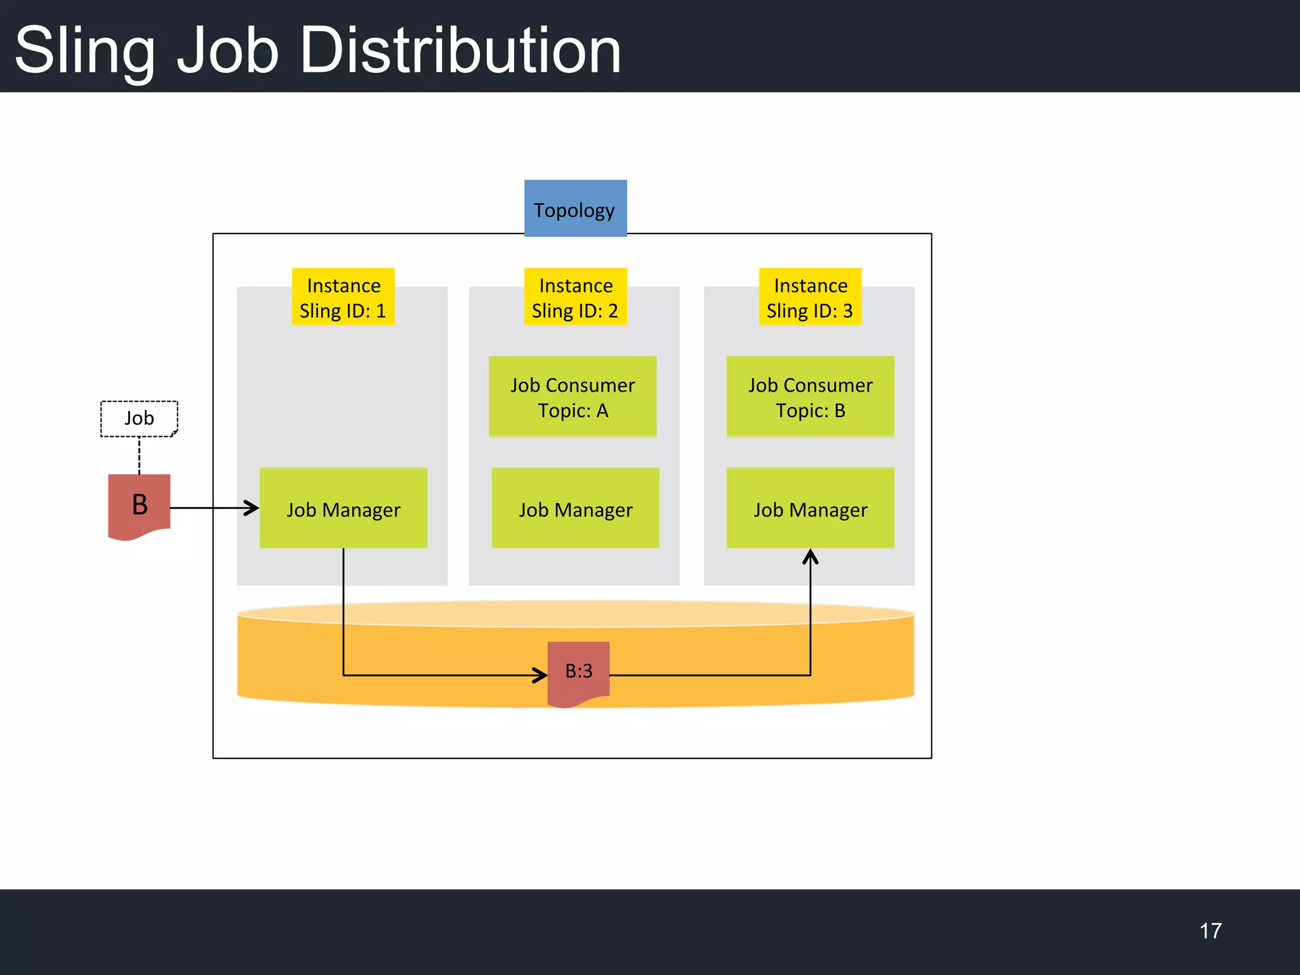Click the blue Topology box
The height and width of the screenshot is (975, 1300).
point(575,208)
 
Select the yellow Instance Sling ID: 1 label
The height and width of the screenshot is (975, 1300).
point(343,297)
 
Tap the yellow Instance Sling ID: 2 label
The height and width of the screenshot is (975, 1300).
point(575,297)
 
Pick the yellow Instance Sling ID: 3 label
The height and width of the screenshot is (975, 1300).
point(810,297)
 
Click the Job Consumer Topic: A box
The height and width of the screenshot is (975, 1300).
point(573,397)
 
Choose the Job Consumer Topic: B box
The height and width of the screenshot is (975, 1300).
point(810,397)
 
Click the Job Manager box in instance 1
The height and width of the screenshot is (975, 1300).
point(343,508)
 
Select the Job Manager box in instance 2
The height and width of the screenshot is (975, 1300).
point(575,508)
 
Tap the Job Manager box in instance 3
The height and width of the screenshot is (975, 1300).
point(810,508)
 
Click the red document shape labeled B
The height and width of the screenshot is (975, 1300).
point(140,505)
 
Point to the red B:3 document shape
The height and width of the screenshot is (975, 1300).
point(578,672)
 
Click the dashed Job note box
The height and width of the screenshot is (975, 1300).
point(139,418)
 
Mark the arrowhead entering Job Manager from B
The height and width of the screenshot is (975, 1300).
point(253,508)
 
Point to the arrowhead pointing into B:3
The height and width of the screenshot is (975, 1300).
point(541,675)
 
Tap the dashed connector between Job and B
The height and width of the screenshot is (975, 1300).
point(140,455)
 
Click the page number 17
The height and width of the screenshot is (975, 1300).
point(1210,931)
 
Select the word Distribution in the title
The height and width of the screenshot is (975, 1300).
point(460,51)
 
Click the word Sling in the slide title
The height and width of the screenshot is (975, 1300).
point(85,51)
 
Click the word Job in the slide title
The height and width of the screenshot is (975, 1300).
point(227,51)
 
